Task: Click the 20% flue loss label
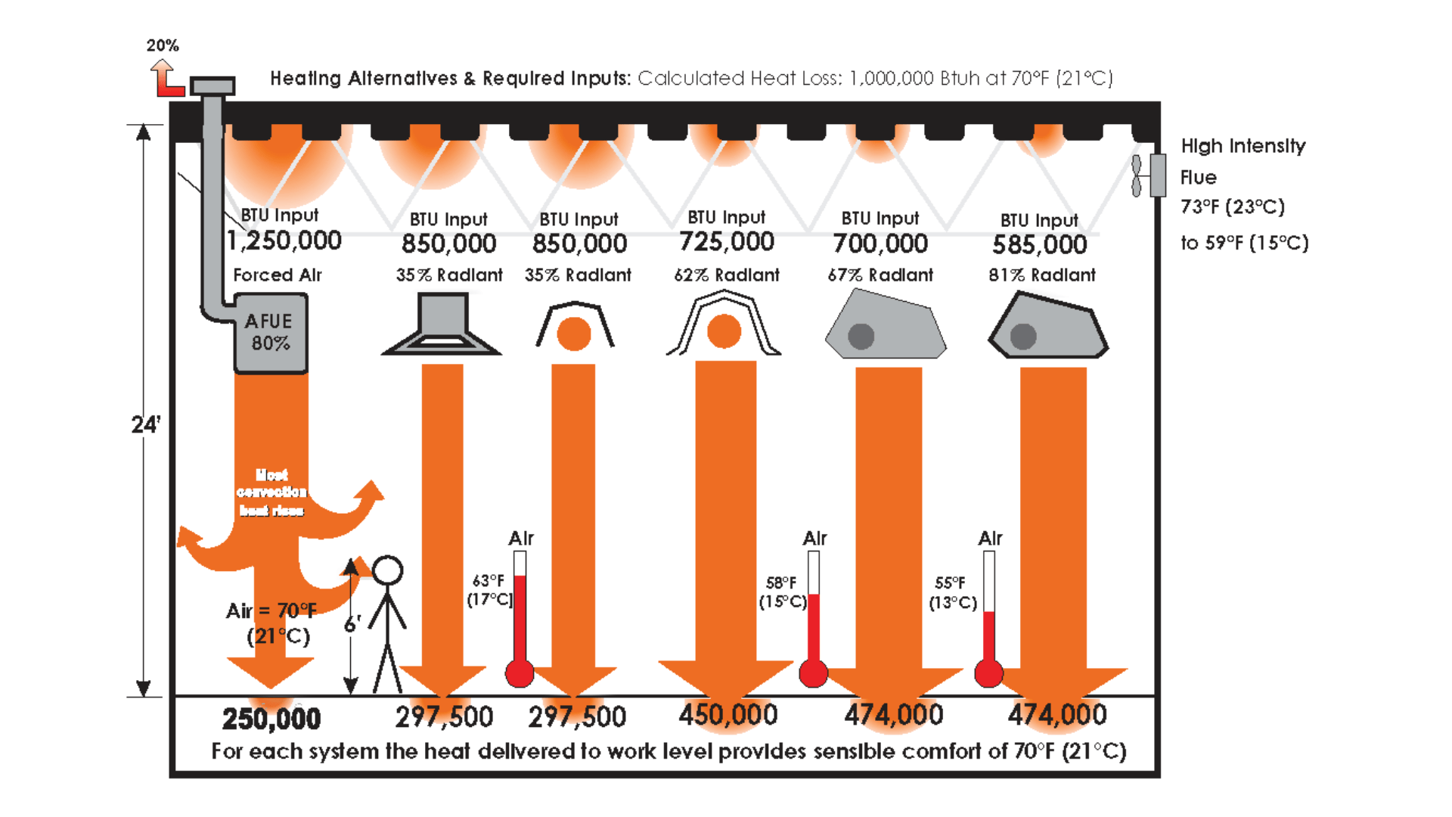coord(163,45)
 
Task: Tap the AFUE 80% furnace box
coord(270,334)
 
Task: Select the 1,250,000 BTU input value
coord(284,241)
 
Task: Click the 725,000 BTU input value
coord(727,242)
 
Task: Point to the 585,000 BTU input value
coord(1040,244)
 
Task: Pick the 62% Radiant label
coord(727,275)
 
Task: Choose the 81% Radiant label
coord(1042,275)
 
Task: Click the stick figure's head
coord(387,571)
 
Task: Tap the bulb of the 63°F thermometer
coord(520,673)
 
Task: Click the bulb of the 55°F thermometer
coord(988,673)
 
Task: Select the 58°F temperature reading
coord(781,583)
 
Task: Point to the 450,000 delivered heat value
coord(728,715)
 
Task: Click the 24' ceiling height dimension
coord(145,424)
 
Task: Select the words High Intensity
coord(1243,146)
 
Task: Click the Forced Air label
coord(278,275)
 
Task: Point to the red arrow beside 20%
coord(167,79)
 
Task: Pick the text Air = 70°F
coord(271,610)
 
